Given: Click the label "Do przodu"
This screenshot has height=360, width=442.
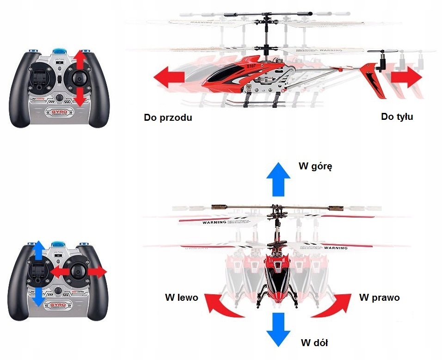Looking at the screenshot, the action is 168,118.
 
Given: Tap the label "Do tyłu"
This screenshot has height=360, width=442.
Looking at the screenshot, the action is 397,117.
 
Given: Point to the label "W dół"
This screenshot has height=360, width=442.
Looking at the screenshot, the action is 314,343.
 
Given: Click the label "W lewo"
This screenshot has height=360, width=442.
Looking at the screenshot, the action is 181,298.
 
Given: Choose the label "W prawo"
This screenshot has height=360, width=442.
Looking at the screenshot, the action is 379,297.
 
